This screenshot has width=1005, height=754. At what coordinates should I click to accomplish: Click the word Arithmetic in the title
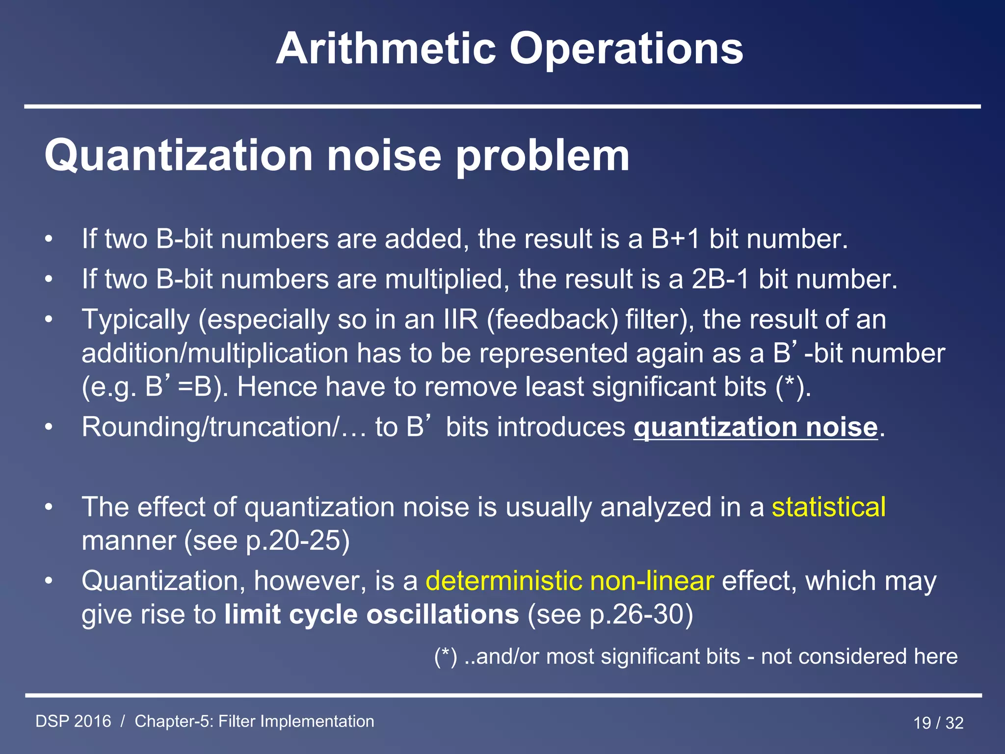(x=386, y=49)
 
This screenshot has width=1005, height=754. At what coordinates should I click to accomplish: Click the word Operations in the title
(x=626, y=49)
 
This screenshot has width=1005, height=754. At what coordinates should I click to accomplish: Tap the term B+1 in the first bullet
(x=675, y=240)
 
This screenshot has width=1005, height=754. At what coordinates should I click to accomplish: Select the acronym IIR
(x=460, y=320)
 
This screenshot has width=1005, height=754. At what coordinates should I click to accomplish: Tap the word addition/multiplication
(x=215, y=353)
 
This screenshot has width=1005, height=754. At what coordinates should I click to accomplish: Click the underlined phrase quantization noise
(x=755, y=427)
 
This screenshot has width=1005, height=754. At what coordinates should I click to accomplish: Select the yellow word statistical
(x=828, y=507)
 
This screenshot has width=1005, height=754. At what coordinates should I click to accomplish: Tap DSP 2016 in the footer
(x=74, y=722)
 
